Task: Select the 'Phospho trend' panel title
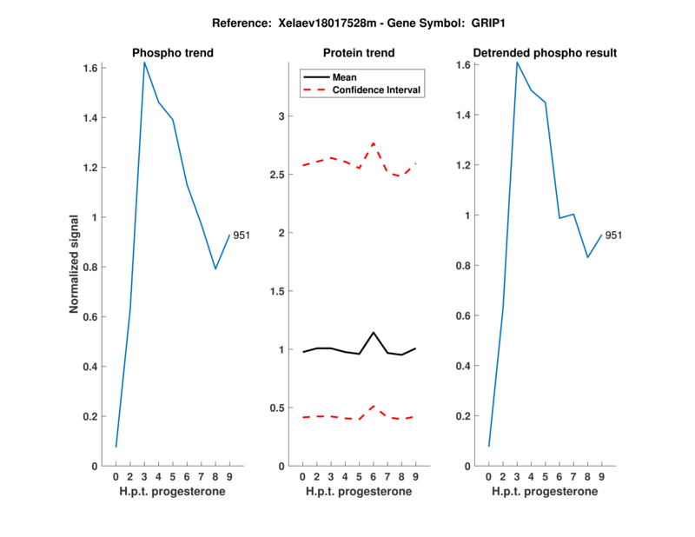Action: coord(173,53)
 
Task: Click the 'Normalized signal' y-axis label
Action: coord(75,264)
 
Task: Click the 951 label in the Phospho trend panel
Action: coord(242,235)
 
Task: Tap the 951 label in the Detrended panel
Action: coord(613,235)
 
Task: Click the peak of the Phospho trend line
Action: coord(144,63)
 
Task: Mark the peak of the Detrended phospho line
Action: coord(517,63)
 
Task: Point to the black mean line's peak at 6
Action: coord(374,333)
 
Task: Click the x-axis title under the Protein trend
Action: coord(359,492)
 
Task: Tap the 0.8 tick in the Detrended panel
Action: coord(465,265)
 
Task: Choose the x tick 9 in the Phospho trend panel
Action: coord(229,476)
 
